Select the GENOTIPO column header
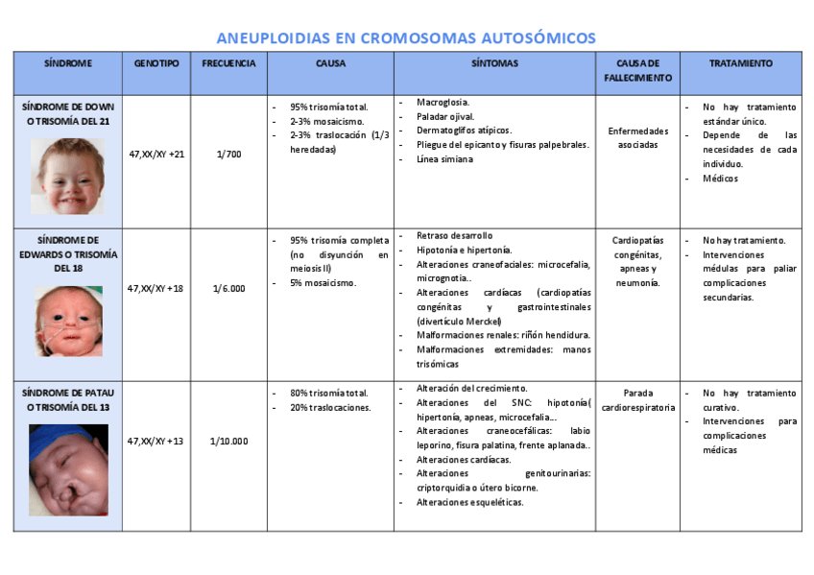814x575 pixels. pyautogui.click(x=156, y=63)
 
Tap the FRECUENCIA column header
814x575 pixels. pyautogui.click(x=228, y=63)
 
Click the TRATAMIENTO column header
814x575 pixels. pyautogui.click(x=740, y=63)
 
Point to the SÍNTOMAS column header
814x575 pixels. pyautogui.click(x=494, y=63)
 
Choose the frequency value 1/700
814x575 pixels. pyautogui.click(x=228, y=154)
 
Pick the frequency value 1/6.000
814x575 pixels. pyautogui.click(x=228, y=288)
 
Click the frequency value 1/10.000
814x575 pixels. pyautogui.click(x=228, y=442)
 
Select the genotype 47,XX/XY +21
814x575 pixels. pyautogui.click(x=156, y=154)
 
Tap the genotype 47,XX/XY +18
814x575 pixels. pyautogui.click(x=156, y=288)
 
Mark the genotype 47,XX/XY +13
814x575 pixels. pyautogui.click(x=156, y=442)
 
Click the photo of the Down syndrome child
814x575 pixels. pyautogui.click(x=67, y=176)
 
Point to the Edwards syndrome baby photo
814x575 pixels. pyautogui.click(x=67, y=321)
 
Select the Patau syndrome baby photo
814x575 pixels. pyautogui.click(x=67, y=469)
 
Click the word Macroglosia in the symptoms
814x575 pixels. pyautogui.click(x=443, y=102)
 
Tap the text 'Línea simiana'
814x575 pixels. pyautogui.click(x=444, y=159)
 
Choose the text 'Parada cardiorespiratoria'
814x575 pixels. pyautogui.click(x=637, y=400)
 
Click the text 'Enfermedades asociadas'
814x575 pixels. pyautogui.click(x=637, y=137)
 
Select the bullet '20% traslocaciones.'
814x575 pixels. pyautogui.click(x=331, y=408)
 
